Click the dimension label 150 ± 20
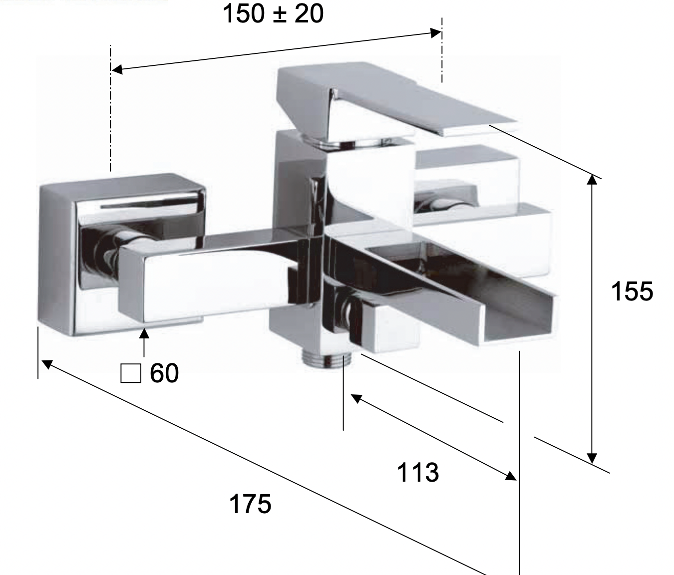click(x=273, y=13)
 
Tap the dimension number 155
click(x=632, y=291)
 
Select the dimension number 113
click(x=418, y=472)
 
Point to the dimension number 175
click(x=250, y=504)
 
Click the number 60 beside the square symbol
click(x=164, y=373)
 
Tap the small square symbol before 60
click(x=131, y=373)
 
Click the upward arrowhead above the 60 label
click(x=144, y=333)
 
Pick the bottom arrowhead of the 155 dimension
click(x=592, y=458)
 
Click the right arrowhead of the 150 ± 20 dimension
click(x=436, y=33)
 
